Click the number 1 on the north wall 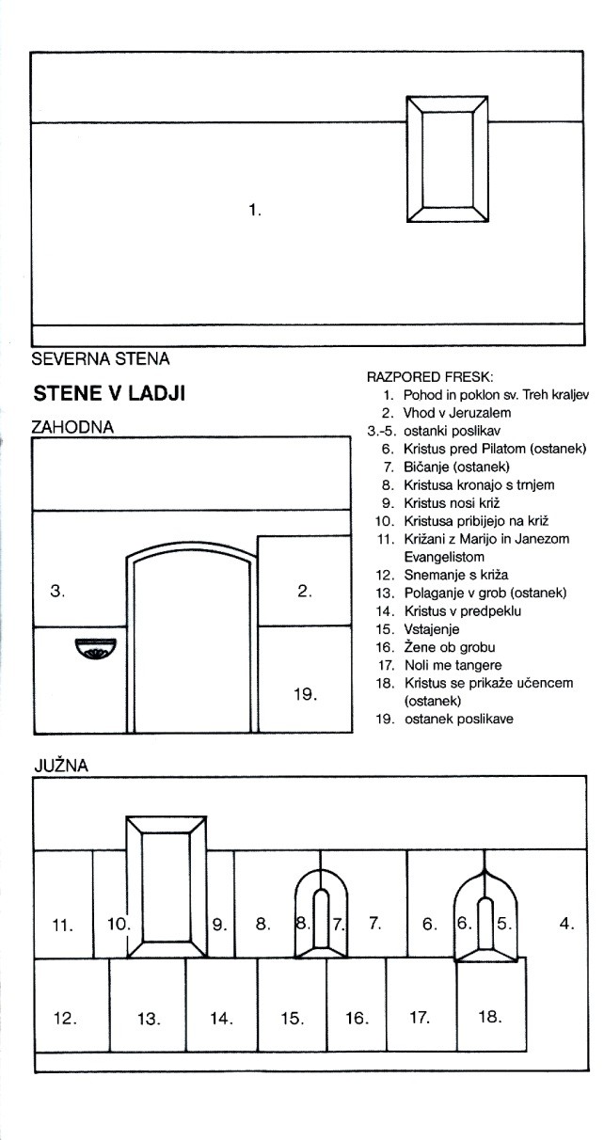click(254, 210)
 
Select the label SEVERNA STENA click(101, 358)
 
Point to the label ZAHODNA click(72, 426)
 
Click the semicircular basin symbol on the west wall click(94, 648)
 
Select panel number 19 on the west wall click(304, 694)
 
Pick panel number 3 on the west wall click(57, 592)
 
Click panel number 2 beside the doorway click(304, 591)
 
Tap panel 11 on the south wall click(63, 925)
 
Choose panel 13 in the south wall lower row click(149, 1018)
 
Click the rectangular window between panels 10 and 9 click(167, 880)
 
